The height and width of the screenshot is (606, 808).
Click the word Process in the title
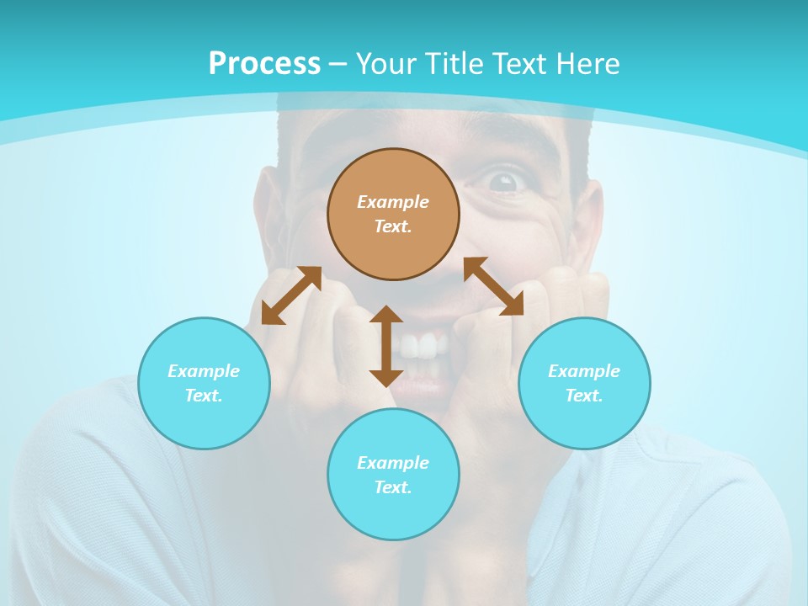tap(264, 64)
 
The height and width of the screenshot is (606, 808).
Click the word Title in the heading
tap(454, 64)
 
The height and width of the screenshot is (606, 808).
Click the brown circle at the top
tap(393, 215)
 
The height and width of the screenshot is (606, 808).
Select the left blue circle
tap(204, 383)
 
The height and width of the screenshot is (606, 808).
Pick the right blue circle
tap(584, 383)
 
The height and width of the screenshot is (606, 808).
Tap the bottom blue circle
tap(393, 475)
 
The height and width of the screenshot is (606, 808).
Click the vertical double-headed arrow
tap(386, 346)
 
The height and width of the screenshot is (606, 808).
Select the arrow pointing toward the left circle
tap(291, 295)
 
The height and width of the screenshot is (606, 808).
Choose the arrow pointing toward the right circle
tap(493, 286)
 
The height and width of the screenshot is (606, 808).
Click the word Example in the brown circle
tap(393, 202)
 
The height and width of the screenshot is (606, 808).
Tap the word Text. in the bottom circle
tap(393, 487)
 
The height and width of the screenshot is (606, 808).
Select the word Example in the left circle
tap(204, 371)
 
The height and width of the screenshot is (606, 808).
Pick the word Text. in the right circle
tap(584, 396)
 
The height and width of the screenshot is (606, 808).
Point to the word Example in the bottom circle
tap(393, 463)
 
